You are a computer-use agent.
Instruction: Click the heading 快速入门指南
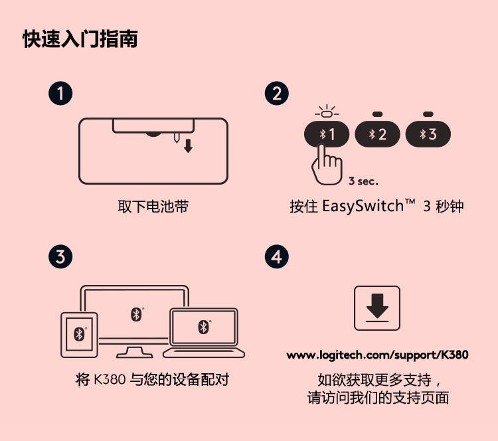pos(80,39)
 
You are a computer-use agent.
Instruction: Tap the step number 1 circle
pos(60,94)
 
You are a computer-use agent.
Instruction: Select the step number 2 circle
pos(277,94)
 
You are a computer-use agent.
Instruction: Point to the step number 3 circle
pos(60,256)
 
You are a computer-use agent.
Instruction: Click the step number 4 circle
pos(277,256)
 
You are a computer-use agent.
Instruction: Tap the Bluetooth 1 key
pos(327,134)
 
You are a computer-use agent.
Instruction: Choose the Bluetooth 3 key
pos(428,134)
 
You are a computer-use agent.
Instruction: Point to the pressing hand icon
pos(327,165)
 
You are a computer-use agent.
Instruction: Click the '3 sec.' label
pos(363,181)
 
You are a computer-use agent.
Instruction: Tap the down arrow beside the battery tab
pos(188,145)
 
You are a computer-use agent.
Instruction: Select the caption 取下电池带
pos(153,207)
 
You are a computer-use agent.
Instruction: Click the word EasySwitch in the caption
pos(363,207)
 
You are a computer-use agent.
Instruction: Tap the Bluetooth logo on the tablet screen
pos(79,334)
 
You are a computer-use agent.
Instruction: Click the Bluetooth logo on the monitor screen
pos(137,315)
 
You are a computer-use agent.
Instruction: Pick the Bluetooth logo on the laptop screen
pos(204,327)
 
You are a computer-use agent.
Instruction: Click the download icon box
pos(377,308)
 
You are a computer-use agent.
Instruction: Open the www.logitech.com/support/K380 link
pos(377,355)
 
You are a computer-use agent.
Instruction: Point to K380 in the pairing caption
pos(110,379)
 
